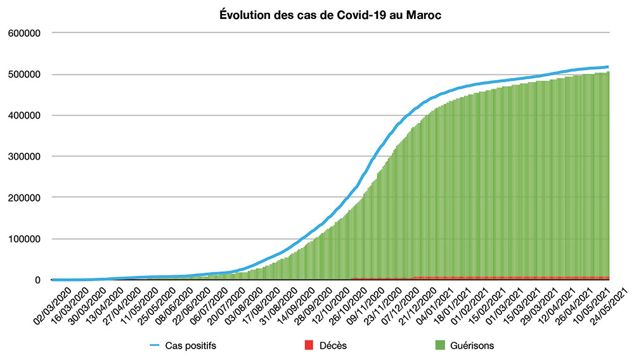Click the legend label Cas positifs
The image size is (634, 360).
click(188, 345)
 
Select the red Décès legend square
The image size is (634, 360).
click(309, 345)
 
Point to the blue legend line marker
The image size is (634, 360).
click(155, 345)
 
